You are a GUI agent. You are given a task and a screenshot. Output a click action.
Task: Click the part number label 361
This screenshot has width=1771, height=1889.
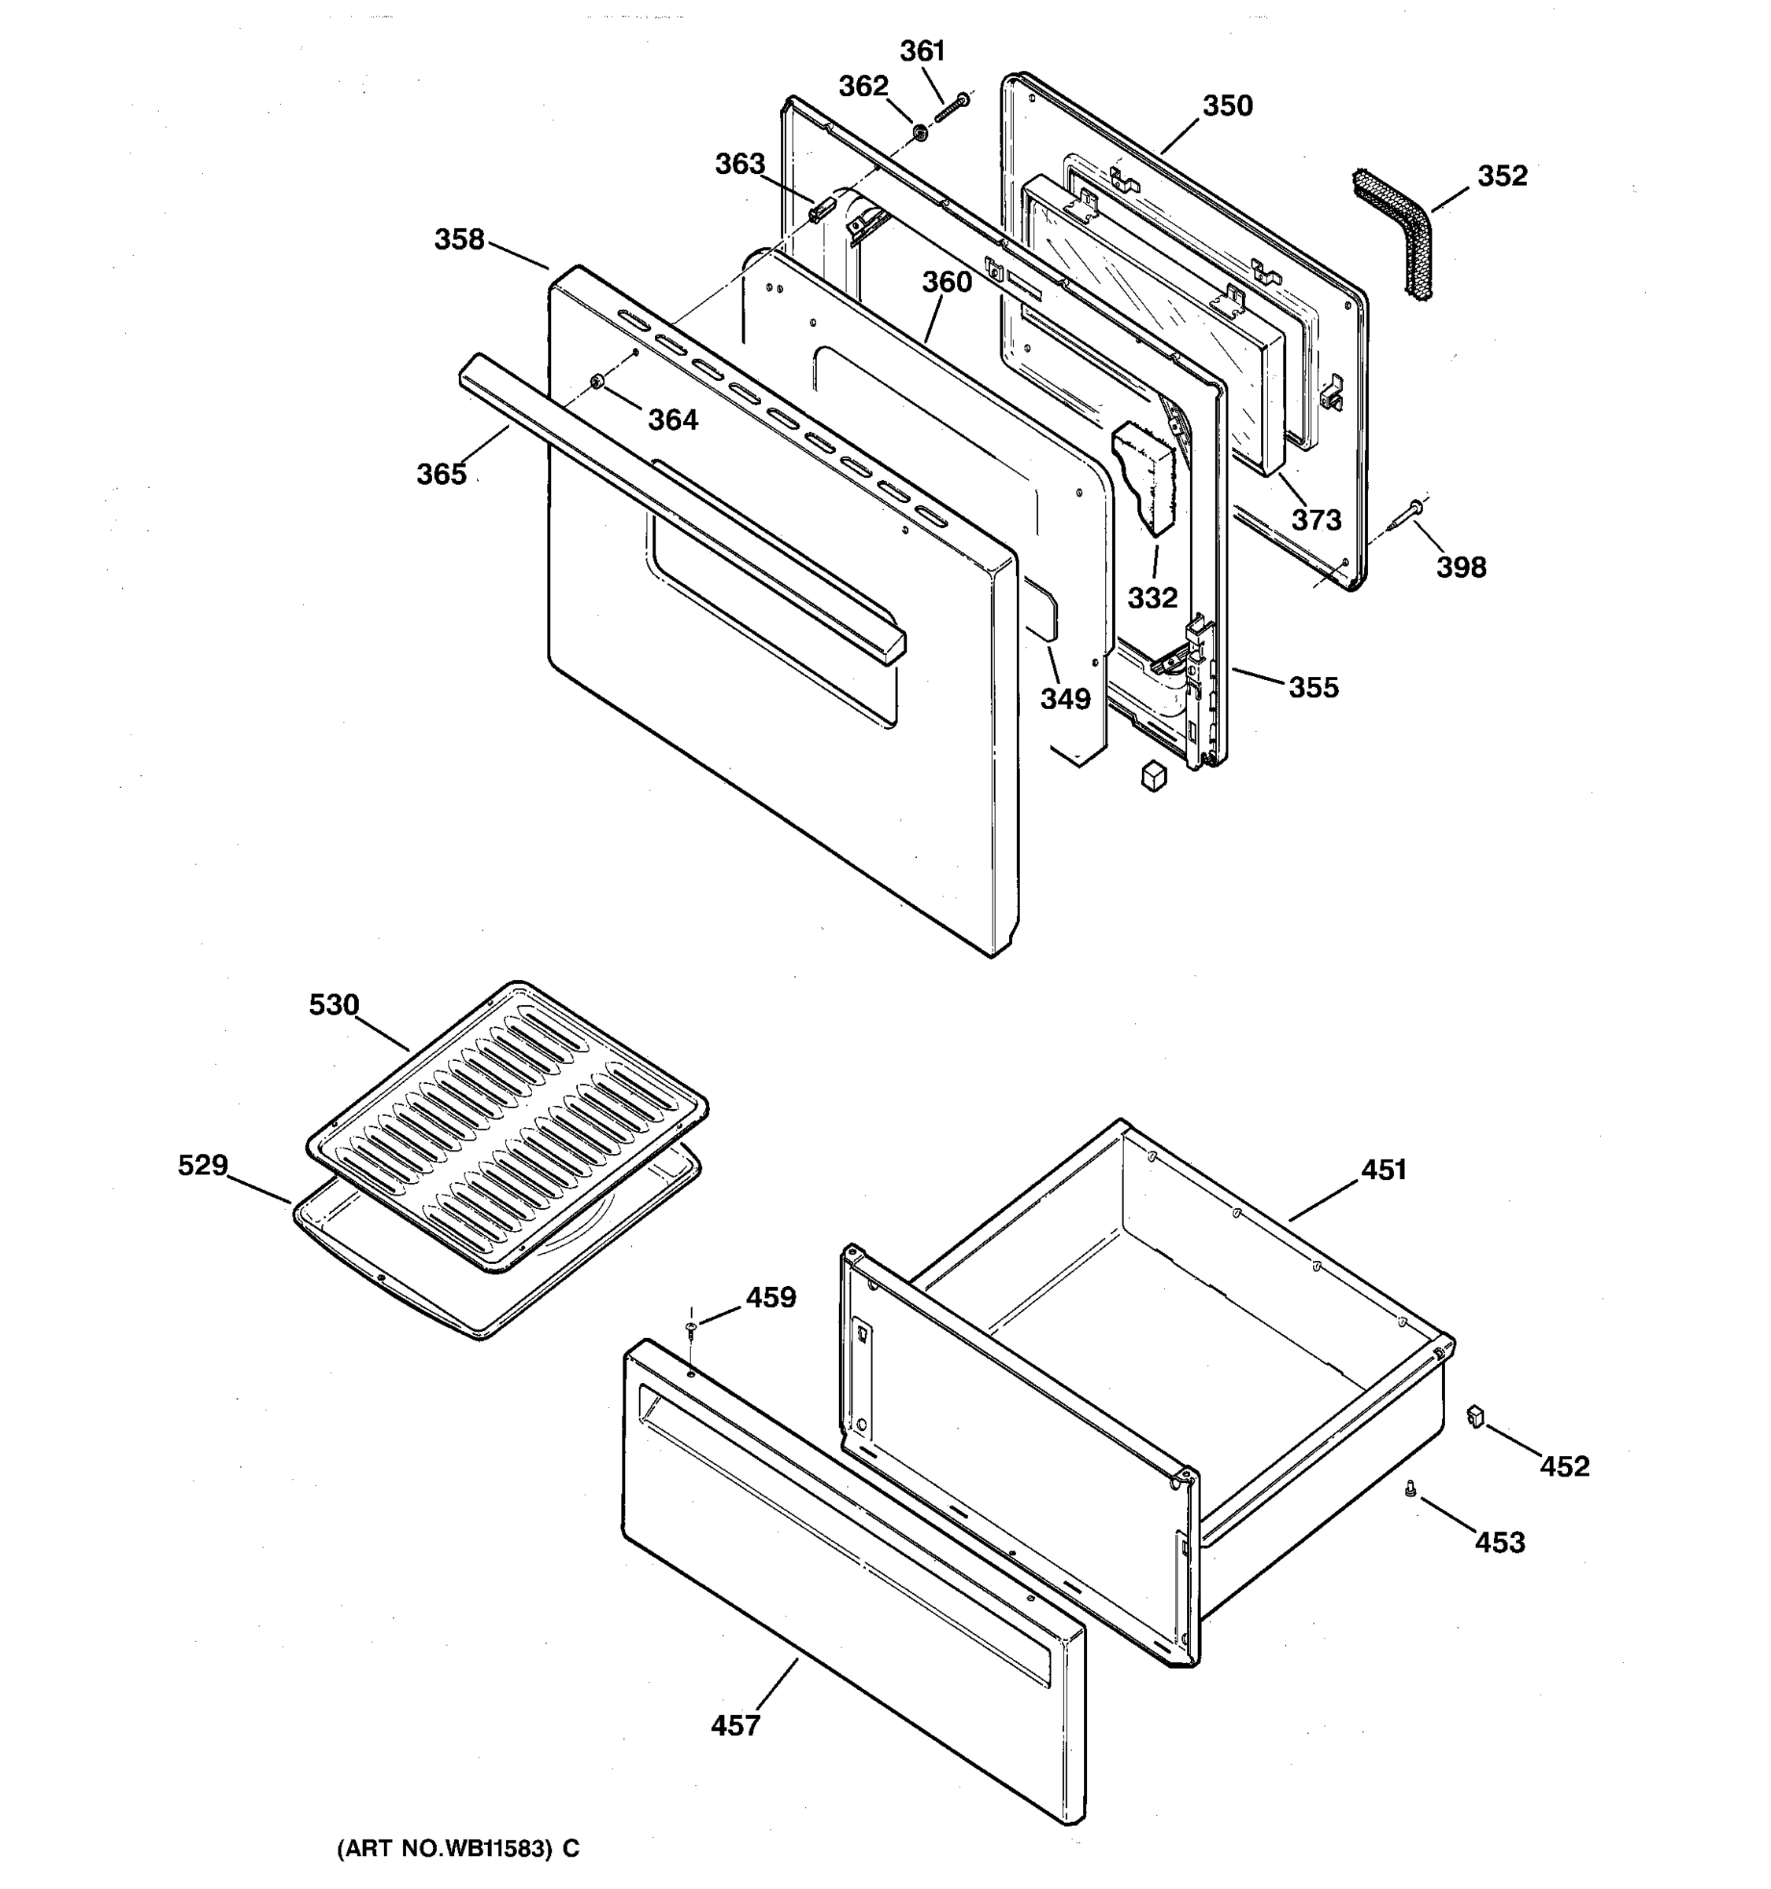click(x=922, y=51)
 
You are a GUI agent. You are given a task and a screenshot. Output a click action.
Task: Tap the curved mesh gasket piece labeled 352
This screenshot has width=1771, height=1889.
click(x=1395, y=233)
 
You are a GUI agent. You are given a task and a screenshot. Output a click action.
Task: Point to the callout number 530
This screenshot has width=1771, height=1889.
click(x=334, y=1005)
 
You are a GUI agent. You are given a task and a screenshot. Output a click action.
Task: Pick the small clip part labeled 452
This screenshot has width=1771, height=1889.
click(x=1476, y=1417)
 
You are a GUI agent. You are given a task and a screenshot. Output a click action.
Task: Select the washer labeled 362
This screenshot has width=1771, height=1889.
click(x=919, y=132)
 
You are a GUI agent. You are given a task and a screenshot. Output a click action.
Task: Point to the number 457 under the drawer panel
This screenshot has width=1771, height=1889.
click(x=735, y=1725)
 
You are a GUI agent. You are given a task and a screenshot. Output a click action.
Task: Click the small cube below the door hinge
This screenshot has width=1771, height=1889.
click(x=1153, y=775)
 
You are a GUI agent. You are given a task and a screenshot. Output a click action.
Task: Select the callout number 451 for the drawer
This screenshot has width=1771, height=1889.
click(x=1384, y=1170)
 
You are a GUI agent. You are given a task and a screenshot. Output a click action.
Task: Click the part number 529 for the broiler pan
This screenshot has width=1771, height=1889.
click(x=202, y=1165)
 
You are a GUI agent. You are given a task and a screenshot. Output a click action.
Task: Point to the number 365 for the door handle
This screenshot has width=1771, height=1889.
click(x=441, y=473)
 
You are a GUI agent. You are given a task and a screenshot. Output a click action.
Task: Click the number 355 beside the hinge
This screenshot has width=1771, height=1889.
click(x=1313, y=687)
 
